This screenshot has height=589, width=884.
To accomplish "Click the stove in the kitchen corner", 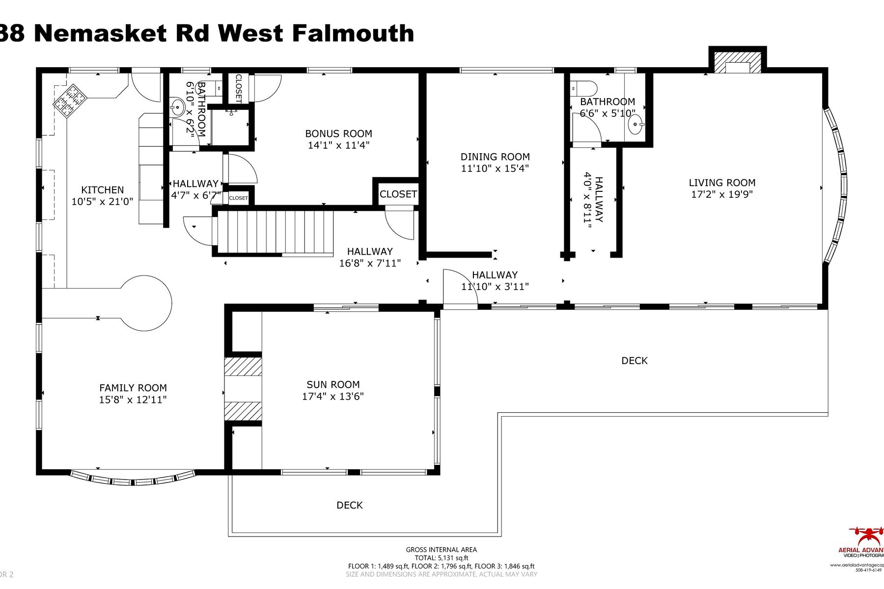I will [70, 100].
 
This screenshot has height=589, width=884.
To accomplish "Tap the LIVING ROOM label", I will [721, 183].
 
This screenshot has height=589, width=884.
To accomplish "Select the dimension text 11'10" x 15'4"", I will [495, 168].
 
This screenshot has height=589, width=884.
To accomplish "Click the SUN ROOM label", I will [333, 385].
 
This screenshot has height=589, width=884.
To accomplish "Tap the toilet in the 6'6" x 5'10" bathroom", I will [584, 89].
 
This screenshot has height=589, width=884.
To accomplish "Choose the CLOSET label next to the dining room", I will [398, 194].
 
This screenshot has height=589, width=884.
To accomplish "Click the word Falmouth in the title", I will [353, 33].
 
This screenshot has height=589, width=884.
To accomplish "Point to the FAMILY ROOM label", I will [133, 388].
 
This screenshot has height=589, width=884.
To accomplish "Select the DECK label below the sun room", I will [349, 505].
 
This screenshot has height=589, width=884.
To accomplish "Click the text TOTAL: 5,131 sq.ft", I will [441, 558].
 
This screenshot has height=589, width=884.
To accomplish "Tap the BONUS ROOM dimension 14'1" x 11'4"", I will [338, 145].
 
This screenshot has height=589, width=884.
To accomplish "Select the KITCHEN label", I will [102, 190].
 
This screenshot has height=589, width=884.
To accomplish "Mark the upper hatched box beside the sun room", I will [243, 367].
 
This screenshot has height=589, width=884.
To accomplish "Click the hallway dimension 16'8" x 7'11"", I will [370, 263].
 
